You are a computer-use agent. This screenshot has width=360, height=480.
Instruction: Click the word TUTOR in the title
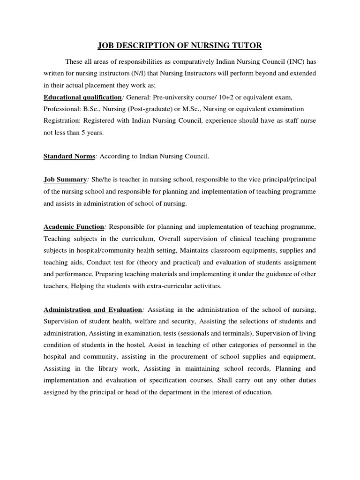[x=244, y=45]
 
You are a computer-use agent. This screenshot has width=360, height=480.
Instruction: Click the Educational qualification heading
[x=82, y=97]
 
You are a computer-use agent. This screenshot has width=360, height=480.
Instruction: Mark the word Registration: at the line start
[x=61, y=121]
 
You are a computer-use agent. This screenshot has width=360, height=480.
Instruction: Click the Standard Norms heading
[x=69, y=157]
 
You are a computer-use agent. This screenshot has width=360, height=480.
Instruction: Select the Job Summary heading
[x=65, y=180]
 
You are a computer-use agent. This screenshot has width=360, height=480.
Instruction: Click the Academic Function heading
[x=74, y=227]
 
